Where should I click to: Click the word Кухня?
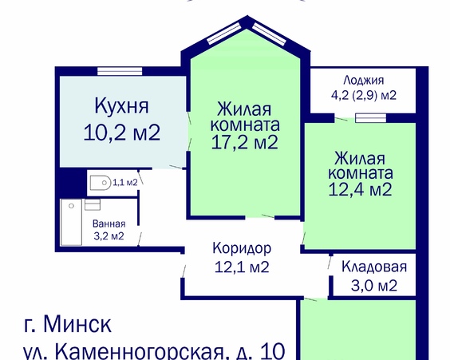click(x=121, y=106)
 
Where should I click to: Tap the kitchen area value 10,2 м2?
click(x=122, y=133)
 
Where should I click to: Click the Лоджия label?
click(x=364, y=81)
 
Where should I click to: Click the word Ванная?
click(x=108, y=224)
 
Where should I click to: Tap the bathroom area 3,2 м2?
click(x=108, y=235)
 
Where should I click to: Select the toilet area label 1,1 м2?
click(x=125, y=183)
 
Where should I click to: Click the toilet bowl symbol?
click(x=97, y=184)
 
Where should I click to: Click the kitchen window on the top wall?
click(x=120, y=69)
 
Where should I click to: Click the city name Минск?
click(x=78, y=325)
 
